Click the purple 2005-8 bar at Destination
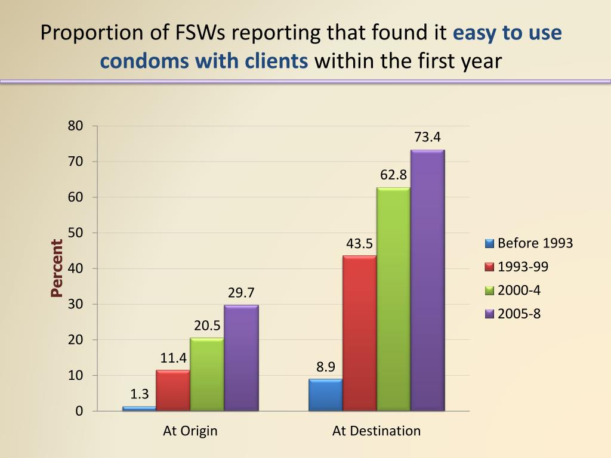coord(428,280)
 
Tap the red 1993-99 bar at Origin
coord(173,390)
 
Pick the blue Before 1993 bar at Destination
coord(325,395)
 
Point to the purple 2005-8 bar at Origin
coord(241,358)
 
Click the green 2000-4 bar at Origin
coord(207,374)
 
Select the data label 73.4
coord(427,137)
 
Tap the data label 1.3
coord(139,394)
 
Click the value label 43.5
coord(359,243)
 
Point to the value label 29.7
coord(241,293)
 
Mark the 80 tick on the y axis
coord(75,126)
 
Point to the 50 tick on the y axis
coord(75,233)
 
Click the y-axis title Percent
coord(57,268)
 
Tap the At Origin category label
coord(190,431)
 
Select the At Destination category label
coord(377,431)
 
